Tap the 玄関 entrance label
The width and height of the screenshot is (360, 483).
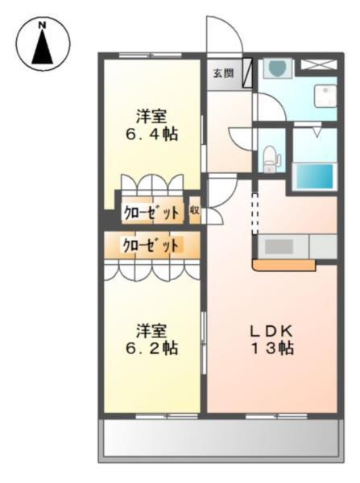click(223, 73)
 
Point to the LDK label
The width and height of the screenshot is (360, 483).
click(270, 330)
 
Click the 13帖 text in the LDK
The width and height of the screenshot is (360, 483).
click(270, 348)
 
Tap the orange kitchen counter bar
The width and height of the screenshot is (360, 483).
click(283, 264)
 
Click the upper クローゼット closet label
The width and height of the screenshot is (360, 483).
click(151, 213)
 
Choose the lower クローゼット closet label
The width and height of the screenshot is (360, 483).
click(151, 245)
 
